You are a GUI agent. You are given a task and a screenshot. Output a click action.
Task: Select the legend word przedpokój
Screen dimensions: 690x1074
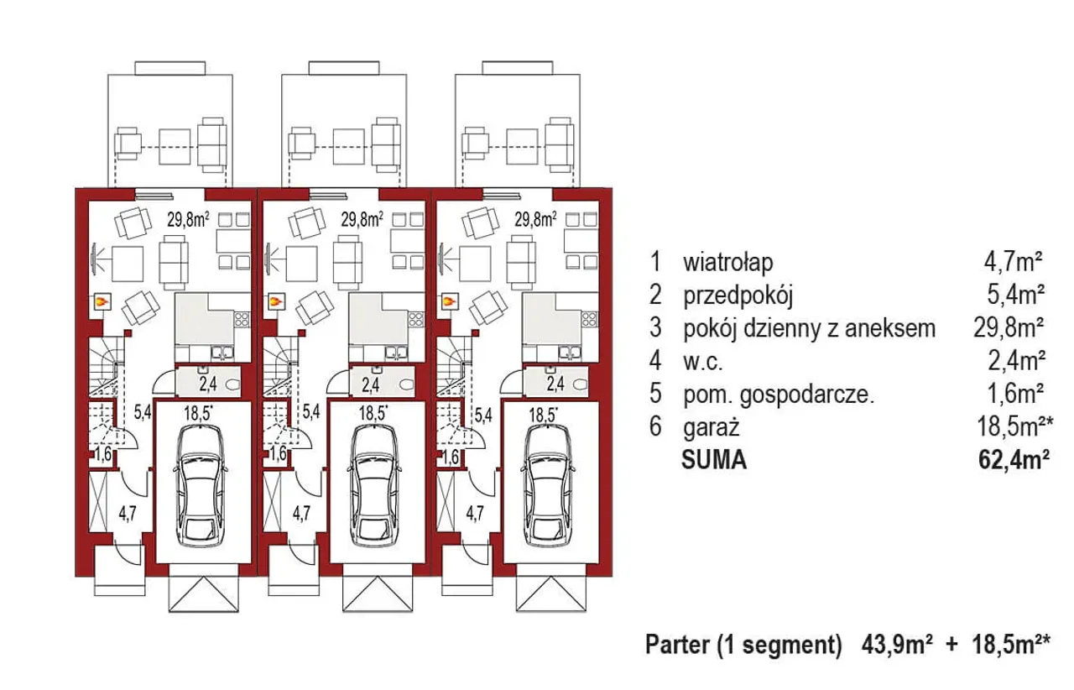pyautogui.click(x=738, y=295)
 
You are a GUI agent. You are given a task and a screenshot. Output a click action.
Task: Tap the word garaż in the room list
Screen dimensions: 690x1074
pyautogui.click(x=711, y=428)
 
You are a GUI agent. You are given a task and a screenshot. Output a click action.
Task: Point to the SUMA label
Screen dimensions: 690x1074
pyautogui.click(x=715, y=460)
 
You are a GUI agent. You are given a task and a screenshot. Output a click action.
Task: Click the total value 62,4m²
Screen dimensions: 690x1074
pyautogui.click(x=1013, y=460)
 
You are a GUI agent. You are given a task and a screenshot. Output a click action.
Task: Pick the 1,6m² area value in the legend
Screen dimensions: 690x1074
pyautogui.click(x=1014, y=395)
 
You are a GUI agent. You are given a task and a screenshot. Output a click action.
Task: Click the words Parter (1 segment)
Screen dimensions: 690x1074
pyautogui.click(x=743, y=645)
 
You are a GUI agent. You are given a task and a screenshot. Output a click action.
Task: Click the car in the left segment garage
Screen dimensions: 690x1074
pyautogui.click(x=199, y=483)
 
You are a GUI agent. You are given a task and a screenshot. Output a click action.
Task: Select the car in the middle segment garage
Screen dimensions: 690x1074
pyautogui.click(x=373, y=483)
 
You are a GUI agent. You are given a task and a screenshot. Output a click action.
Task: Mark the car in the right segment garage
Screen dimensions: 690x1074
pyautogui.click(x=548, y=483)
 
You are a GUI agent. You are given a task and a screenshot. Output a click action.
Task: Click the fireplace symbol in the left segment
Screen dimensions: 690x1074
pyautogui.click(x=102, y=300)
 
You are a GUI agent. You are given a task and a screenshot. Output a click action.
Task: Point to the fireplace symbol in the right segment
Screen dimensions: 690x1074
pyautogui.click(x=450, y=300)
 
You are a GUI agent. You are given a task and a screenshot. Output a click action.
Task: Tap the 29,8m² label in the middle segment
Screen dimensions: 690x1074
pyautogui.click(x=362, y=220)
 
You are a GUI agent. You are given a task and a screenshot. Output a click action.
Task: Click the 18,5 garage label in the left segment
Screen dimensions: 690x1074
pyautogui.click(x=198, y=412)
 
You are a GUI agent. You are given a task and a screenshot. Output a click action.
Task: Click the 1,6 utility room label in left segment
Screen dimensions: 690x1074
pyautogui.click(x=103, y=457)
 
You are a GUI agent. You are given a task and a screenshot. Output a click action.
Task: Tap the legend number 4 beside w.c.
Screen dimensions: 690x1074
pyautogui.click(x=655, y=362)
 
